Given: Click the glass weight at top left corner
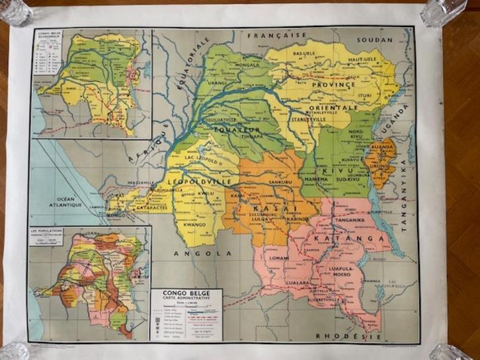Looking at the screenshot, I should tap(15, 12).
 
